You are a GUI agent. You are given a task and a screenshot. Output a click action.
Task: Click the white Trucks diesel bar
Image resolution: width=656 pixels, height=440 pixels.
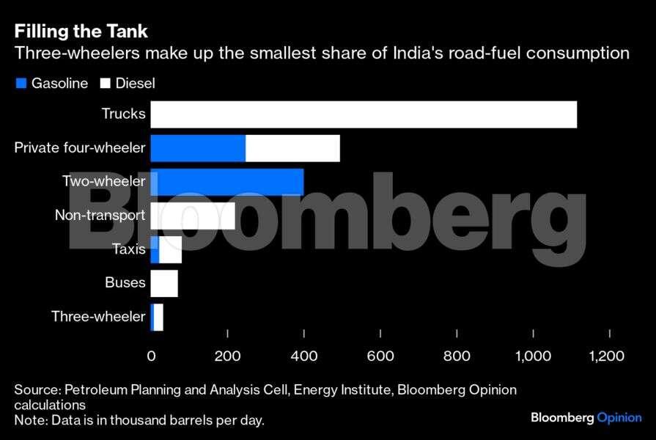tap(364, 115)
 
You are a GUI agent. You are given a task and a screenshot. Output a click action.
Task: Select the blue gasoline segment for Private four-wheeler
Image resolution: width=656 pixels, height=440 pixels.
tap(198, 148)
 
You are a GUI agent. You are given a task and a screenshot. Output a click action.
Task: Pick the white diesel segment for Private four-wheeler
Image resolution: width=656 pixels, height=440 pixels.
tap(292, 148)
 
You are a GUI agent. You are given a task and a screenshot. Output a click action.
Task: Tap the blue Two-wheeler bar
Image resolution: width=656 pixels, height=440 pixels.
tap(227, 182)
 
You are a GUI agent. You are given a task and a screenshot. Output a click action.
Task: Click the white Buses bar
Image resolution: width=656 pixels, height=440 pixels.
tap(164, 283)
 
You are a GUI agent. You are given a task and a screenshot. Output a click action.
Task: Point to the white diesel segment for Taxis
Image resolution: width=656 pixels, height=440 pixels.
tap(170, 249)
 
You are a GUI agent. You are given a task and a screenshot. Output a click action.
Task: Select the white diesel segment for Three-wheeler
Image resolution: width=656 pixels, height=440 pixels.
tap(158, 317)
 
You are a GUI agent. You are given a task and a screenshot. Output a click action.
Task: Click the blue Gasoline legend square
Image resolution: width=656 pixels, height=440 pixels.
tap(21, 84)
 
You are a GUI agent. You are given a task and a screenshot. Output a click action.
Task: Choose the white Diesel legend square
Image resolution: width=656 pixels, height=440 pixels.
tap(106, 84)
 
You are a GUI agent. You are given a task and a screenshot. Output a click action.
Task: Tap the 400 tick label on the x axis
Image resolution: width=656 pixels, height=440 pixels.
tap(303, 356)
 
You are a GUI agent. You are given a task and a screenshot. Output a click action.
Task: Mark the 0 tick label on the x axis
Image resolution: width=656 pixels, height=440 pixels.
tap(152, 356)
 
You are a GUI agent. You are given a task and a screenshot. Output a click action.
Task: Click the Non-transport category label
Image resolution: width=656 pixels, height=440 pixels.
tap(100, 216)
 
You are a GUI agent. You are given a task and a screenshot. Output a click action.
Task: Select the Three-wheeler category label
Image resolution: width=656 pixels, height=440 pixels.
tap(98, 317)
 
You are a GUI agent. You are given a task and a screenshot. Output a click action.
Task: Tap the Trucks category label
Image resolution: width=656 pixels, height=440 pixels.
tap(123, 114)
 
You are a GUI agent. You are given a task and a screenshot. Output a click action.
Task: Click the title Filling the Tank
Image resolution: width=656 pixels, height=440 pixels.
tap(81, 32)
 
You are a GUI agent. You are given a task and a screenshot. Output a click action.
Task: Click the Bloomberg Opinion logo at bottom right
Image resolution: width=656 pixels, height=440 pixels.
tap(586, 417)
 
